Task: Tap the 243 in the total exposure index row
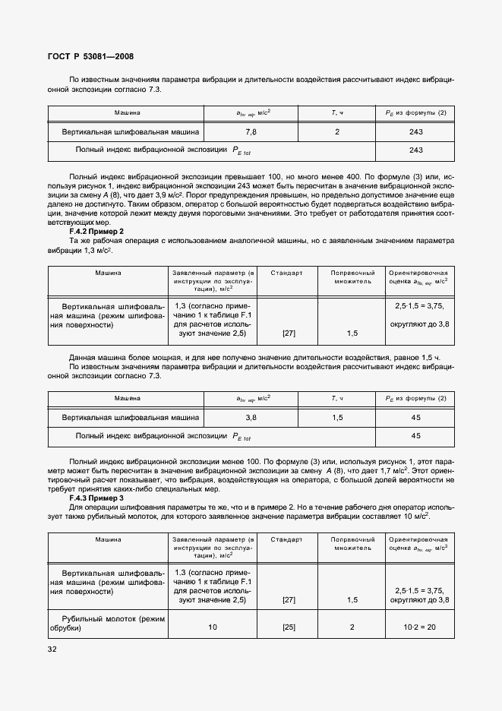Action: pos(415,150)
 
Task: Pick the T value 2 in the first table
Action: pos(337,131)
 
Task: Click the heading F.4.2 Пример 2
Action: pos(96,231)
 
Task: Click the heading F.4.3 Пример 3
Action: pos(96,498)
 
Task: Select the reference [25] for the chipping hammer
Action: pos(289,627)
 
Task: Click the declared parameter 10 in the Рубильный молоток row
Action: pos(213,627)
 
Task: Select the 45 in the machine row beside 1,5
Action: pos(415,417)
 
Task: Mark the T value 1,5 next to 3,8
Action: pos(337,417)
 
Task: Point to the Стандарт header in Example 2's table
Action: pos(289,272)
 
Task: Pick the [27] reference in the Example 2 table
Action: pos(289,333)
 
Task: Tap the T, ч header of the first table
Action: pos(337,112)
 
